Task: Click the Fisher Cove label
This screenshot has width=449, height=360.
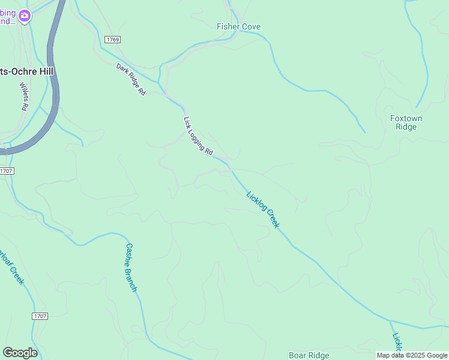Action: click(x=238, y=27)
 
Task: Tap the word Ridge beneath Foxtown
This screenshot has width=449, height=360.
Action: click(x=406, y=127)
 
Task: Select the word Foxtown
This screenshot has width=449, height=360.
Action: click(x=406, y=118)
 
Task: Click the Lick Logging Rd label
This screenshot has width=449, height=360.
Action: click(x=198, y=137)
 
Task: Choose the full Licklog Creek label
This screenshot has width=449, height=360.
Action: click(x=263, y=209)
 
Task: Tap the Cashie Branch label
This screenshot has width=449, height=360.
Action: click(x=131, y=267)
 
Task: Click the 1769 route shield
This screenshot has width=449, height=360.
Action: click(x=112, y=40)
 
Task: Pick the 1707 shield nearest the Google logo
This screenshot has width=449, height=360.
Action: click(x=40, y=316)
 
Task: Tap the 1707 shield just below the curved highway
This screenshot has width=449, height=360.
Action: click(x=6, y=171)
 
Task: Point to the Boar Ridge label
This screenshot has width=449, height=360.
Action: click(x=309, y=355)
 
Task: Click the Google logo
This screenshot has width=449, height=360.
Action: click(x=20, y=353)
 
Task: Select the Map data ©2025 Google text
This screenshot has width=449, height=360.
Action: click(x=412, y=356)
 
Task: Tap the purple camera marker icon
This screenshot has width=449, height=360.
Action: click(x=25, y=16)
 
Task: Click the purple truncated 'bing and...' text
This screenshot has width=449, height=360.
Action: click(x=7, y=17)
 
